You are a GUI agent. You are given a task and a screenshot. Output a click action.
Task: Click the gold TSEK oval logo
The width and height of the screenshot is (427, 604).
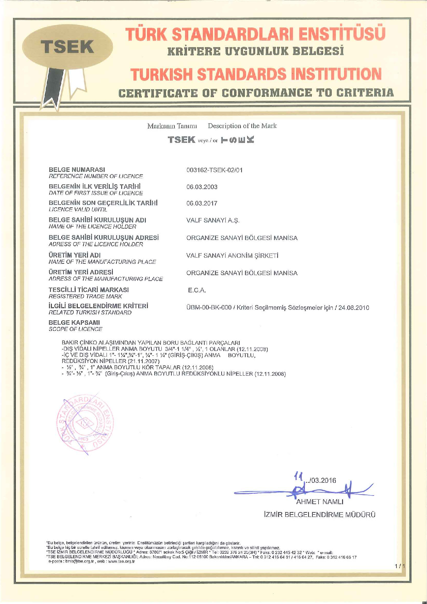click(68, 47)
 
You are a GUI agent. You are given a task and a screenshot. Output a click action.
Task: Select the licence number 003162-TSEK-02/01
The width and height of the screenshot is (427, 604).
click(214, 170)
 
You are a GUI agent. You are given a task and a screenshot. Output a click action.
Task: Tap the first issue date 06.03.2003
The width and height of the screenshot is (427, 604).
click(202, 187)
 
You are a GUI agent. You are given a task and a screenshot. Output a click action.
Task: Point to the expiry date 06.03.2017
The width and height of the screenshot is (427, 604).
click(202, 204)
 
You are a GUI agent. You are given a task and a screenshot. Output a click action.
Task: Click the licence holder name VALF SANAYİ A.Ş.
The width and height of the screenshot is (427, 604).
click(213, 221)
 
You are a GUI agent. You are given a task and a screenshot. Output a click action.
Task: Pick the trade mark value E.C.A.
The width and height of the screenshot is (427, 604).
click(197, 291)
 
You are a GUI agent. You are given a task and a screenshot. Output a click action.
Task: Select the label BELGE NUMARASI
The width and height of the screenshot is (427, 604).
click(77, 169)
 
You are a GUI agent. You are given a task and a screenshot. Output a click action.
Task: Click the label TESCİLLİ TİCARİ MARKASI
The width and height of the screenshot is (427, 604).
click(89, 290)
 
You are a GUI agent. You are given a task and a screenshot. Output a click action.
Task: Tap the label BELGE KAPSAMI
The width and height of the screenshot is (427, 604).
click(74, 323)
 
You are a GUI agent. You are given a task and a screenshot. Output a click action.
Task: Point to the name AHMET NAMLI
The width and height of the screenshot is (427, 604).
click(320, 502)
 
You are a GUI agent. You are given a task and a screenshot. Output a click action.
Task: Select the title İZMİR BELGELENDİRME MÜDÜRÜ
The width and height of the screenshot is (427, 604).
click(319, 515)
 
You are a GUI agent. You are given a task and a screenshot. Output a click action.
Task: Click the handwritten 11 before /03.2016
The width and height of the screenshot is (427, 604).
click(298, 477)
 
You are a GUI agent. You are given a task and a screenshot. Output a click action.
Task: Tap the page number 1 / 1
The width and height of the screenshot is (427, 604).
click(400, 566)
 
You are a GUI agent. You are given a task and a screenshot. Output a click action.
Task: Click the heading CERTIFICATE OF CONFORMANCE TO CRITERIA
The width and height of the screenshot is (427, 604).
click(256, 93)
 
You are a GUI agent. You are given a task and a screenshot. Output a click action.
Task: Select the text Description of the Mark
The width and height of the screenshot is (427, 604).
click(242, 126)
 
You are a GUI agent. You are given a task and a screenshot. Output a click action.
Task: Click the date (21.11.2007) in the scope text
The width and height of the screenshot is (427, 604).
click(143, 361)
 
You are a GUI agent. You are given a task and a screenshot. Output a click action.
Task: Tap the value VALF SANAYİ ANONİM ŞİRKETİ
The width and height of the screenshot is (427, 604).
click(233, 256)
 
